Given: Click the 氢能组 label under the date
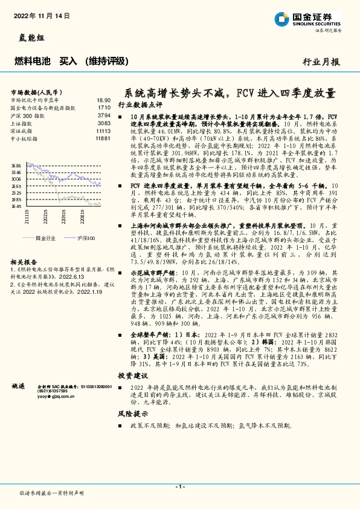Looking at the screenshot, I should click(x=24, y=37).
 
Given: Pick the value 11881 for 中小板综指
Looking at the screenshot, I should click(x=103, y=139).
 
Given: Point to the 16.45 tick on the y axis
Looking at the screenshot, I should click(x=16, y=206).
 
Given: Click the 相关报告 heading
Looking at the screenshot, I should click(x=24, y=262).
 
